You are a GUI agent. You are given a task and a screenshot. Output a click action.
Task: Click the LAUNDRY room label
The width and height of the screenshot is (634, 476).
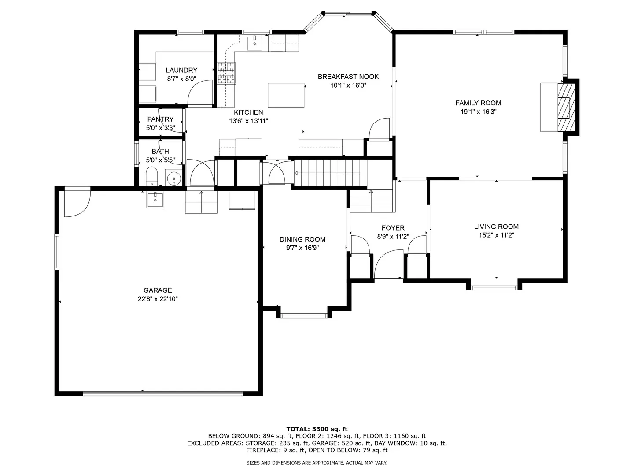pyautogui.click(x=181, y=70)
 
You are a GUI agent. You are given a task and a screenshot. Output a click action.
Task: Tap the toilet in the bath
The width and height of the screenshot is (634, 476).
pyautogui.click(x=151, y=176)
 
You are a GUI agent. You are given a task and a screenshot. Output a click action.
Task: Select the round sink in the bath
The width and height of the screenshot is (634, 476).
pyautogui.click(x=174, y=177)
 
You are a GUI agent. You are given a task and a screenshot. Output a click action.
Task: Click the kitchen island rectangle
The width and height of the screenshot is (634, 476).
pyautogui.click(x=286, y=95)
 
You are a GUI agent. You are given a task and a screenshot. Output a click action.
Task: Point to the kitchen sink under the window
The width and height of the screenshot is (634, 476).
pyautogui.click(x=254, y=43)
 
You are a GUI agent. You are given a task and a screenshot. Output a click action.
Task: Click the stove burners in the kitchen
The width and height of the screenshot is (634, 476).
pyautogui.click(x=226, y=73)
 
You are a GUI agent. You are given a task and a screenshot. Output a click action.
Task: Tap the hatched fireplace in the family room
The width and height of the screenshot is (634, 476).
pyautogui.click(x=566, y=107)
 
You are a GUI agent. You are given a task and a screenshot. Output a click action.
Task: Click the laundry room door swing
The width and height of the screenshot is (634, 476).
pyautogui.click(x=200, y=93)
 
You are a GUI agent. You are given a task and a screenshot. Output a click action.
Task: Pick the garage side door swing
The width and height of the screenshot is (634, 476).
pyautogui.click(x=77, y=203)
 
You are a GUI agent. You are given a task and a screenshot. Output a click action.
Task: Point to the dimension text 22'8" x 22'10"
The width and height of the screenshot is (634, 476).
pyautogui.click(x=158, y=299)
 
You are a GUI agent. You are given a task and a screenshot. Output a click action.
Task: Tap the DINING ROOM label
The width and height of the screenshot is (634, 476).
pyautogui.click(x=302, y=239)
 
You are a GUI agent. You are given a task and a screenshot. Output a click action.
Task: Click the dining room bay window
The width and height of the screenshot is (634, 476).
pyautogui.click(x=304, y=316)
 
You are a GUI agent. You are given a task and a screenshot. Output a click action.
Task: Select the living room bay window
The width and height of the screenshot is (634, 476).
pyautogui.click(x=494, y=288)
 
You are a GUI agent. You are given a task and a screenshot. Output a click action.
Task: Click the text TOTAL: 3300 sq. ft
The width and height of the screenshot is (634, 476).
pyautogui.click(x=317, y=429)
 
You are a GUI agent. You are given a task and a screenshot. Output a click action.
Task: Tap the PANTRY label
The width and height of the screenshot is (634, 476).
pyautogui.click(x=160, y=119)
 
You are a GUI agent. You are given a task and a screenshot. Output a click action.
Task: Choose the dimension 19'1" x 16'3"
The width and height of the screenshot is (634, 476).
pyautogui.click(x=478, y=112)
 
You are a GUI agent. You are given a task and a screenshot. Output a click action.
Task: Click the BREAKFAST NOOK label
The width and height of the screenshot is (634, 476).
pyautogui.click(x=348, y=77)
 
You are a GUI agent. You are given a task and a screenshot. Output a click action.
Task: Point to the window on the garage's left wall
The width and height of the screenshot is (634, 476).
pyautogui.click(x=57, y=252)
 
